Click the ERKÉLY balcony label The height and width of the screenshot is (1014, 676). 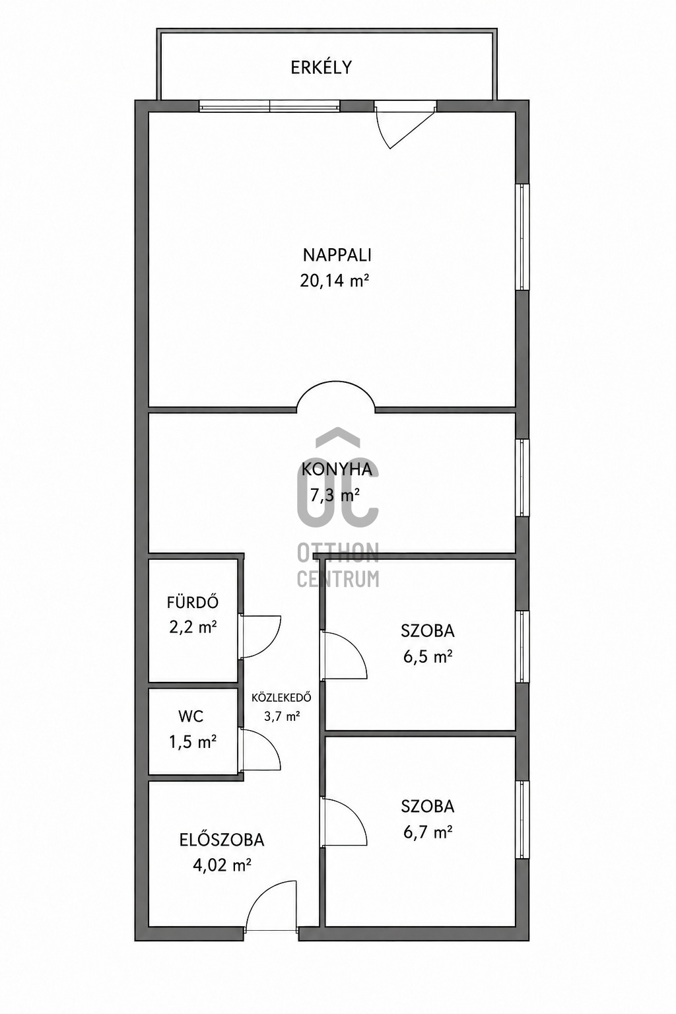321,67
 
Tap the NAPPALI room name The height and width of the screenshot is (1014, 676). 337,255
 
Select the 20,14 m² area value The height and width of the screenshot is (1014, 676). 333,281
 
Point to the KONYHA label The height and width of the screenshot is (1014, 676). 337,469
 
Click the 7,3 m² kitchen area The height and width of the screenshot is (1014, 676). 335,495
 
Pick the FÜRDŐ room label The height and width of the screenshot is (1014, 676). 193,602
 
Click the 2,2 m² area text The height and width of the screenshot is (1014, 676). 193,628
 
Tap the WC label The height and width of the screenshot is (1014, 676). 191,716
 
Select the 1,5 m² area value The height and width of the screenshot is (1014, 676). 193,741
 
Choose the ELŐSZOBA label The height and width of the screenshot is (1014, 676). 222,840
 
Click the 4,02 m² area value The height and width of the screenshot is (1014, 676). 222,866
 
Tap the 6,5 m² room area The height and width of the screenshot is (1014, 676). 428,656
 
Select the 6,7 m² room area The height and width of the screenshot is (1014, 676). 428,832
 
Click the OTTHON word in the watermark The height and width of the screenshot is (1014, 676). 338,553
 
